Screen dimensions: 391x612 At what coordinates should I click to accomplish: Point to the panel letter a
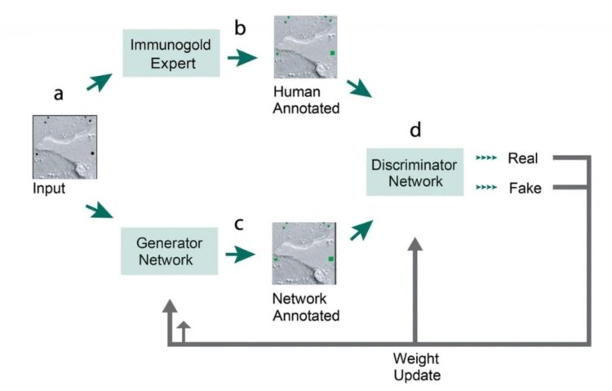click(x=58, y=93)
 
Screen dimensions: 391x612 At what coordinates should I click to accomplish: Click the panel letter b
click(x=240, y=28)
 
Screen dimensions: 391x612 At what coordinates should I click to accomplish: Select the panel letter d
click(x=416, y=130)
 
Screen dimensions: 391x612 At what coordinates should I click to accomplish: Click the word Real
click(x=521, y=157)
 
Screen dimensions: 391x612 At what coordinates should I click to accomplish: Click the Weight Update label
click(x=416, y=367)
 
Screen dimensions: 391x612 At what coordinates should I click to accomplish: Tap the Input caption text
click(x=50, y=189)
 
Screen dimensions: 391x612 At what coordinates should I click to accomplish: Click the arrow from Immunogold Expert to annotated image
click(x=239, y=58)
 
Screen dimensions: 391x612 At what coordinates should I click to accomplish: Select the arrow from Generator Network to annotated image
click(x=239, y=255)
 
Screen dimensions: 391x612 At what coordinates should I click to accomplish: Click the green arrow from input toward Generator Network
click(x=100, y=213)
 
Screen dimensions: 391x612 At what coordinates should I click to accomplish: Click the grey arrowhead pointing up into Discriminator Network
click(x=416, y=249)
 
